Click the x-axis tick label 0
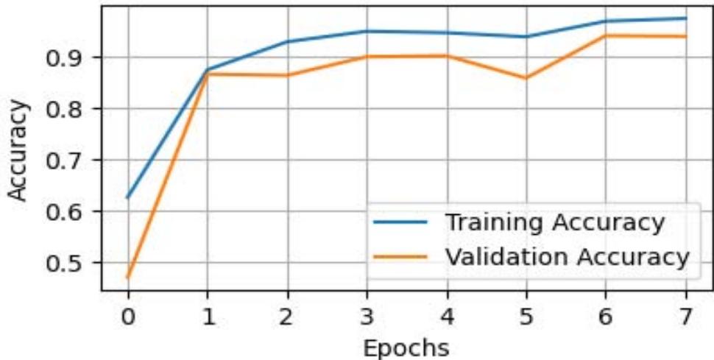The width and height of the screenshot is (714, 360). [127, 316]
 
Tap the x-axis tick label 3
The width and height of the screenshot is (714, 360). [367, 316]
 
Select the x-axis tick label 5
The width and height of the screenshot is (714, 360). [526, 316]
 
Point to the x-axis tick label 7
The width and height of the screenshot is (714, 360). [685, 316]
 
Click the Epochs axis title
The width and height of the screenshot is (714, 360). [406, 346]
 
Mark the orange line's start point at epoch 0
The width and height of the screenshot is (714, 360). [127, 278]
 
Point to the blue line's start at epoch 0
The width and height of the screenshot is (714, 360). [127, 197]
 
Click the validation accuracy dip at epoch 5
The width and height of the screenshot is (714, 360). [526, 78]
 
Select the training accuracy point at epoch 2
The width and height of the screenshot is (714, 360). [287, 42]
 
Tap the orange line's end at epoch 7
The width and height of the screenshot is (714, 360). [685, 36]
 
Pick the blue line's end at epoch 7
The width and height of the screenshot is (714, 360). [685, 18]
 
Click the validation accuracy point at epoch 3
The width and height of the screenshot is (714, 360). [367, 57]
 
